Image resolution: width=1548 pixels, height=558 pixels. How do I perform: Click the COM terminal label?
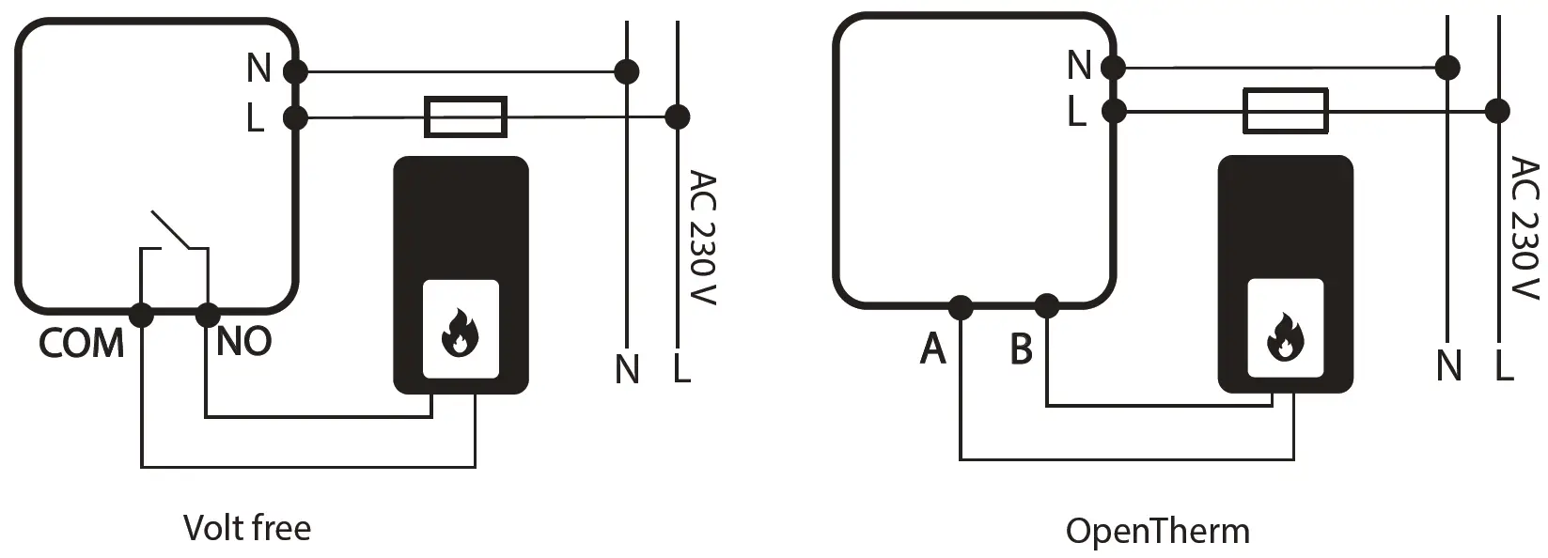coord(81,344)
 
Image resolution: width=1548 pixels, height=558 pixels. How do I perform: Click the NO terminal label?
coord(243,342)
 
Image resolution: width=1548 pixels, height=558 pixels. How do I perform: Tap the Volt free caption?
coord(247,528)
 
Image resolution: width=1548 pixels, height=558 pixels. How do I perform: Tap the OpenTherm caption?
coord(1157,532)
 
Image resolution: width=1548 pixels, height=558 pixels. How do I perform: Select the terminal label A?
coord(932,349)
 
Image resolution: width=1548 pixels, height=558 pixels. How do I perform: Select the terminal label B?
coord(1021,349)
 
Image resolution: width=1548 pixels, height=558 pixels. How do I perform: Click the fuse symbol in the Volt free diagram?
coord(466,117)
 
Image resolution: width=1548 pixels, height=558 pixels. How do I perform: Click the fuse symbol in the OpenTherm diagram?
coord(1285,111)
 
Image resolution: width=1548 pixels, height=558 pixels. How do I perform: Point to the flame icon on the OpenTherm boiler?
coord(1284,335)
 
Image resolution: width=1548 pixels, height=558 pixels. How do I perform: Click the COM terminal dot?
coord(141,315)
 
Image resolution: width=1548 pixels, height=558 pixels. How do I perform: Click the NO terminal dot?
coord(207,315)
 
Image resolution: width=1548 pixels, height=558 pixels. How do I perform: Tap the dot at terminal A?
coord(960,306)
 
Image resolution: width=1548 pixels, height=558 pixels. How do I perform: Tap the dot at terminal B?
coord(1046,306)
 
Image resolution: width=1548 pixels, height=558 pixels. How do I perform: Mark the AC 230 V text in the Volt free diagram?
coord(702,237)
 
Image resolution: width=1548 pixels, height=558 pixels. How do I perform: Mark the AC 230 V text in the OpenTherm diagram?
coord(1525,228)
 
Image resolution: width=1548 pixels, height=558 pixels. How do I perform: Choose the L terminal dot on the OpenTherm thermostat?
coord(1114,111)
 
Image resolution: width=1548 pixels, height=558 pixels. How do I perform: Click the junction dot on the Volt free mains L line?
coord(677,117)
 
